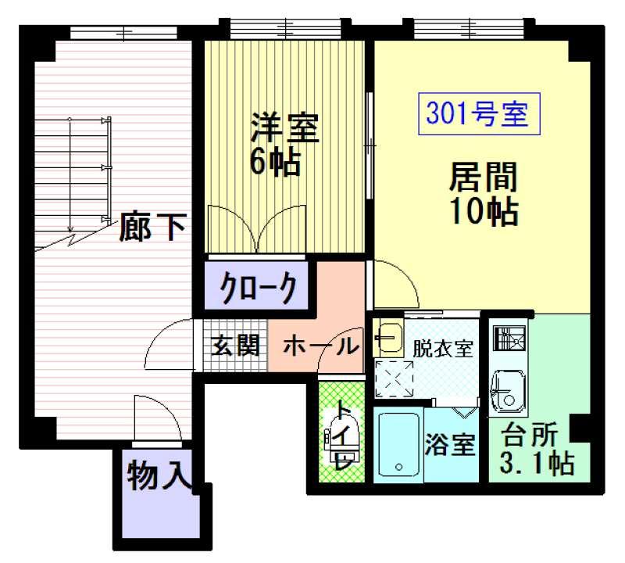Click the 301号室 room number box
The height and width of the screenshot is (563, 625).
(x=479, y=113)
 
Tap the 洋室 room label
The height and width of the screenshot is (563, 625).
(x=284, y=128)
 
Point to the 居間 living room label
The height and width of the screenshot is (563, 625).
(x=483, y=178)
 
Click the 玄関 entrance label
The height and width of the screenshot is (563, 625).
(x=235, y=345)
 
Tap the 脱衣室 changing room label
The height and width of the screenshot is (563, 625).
(x=442, y=349)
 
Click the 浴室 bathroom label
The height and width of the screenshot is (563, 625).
(x=450, y=444)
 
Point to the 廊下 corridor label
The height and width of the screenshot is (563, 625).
(x=153, y=228)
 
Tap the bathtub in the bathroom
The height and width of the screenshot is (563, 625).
(x=398, y=444)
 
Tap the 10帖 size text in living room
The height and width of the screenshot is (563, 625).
(x=484, y=210)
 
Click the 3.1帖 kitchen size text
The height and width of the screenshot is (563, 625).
(x=537, y=463)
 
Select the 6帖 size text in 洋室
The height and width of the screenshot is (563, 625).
(x=275, y=162)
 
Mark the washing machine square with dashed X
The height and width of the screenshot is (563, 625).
(x=395, y=378)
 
